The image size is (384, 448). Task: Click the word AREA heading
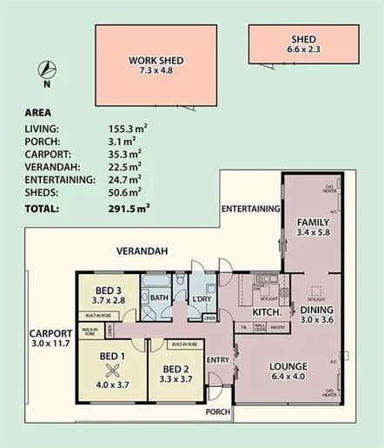pyautogui.click(x=37, y=112)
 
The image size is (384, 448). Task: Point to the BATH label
pyautogui.click(x=159, y=298)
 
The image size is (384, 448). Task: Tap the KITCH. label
pyautogui.click(x=265, y=312)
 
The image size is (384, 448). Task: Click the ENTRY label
pyautogui.click(x=218, y=359)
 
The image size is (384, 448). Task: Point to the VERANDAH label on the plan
pyautogui.click(x=142, y=251)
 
